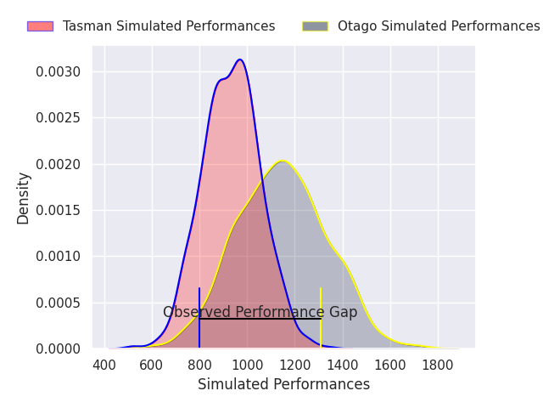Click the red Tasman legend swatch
40,26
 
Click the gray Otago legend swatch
315,26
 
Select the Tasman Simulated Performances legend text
169,26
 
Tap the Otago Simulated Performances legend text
439,26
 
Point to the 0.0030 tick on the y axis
58,71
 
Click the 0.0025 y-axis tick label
58,118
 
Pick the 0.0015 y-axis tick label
58,210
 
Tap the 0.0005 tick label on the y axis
58,303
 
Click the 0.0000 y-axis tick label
58,348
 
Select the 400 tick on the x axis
104,365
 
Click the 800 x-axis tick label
200,365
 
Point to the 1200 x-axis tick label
295,365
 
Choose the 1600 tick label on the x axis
390,365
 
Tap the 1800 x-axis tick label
438,365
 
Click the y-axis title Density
23,198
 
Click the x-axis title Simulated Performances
283,384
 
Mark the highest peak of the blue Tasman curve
239,59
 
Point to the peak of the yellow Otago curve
283,161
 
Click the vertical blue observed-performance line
199,317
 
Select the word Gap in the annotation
343,312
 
